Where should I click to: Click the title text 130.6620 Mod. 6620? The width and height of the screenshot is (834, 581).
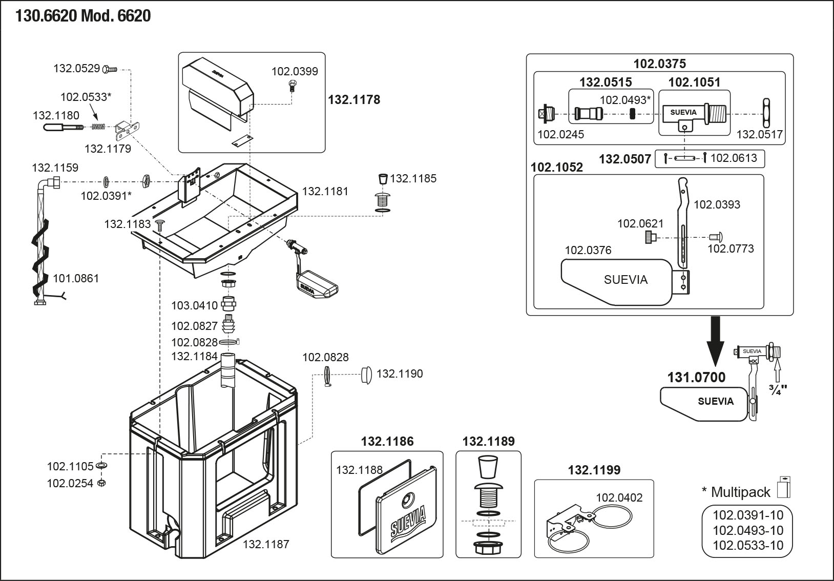[x=83, y=16]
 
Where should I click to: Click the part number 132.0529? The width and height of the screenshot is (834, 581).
[x=76, y=68]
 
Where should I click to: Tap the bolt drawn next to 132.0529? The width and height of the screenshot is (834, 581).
[x=110, y=69]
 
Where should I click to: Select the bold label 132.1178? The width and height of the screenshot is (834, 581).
[x=354, y=100]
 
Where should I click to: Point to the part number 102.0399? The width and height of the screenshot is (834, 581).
[x=295, y=71]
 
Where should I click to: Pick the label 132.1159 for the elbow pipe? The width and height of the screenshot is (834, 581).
[x=55, y=168]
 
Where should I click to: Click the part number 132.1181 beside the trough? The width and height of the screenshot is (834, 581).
[x=325, y=191]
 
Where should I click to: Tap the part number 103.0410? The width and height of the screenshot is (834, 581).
[x=194, y=305]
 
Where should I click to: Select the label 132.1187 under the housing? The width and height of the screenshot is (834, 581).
[x=266, y=544]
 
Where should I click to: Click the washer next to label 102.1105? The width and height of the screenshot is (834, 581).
[x=101, y=466]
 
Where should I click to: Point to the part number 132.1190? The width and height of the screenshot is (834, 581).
[x=400, y=374]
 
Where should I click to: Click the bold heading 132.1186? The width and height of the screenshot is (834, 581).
[x=387, y=441]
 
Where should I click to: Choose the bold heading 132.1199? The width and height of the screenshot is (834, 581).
[x=594, y=470]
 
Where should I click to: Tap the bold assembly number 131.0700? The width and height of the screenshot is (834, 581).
[x=696, y=378]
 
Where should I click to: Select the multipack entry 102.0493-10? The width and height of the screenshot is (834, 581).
[x=748, y=530]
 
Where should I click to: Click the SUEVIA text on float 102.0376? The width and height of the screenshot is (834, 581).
[x=625, y=280]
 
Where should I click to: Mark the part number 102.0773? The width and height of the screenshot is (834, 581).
[x=731, y=248]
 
